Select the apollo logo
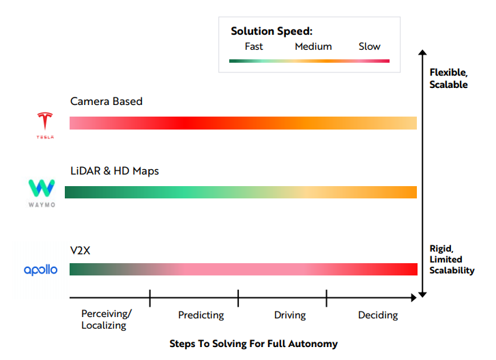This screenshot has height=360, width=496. tap(41, 270)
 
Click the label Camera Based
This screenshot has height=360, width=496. tap(106, 102)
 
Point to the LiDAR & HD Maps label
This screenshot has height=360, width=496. tap(115, 170)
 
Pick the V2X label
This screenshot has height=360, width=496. tap(81, 250)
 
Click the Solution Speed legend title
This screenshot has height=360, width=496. tap(272, 31)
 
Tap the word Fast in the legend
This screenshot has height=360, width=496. tap(254, 46)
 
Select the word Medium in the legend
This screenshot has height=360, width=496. tap(313, 46)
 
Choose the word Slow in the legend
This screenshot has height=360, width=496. tap(370, 46)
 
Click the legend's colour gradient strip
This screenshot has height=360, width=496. tap(309, 61)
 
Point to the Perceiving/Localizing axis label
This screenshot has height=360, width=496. tap(106, 319)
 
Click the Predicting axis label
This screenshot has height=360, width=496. tap(201, 315)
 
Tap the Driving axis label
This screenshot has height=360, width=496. tap(290, 315)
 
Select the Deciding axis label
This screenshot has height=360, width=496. tap(378, 315)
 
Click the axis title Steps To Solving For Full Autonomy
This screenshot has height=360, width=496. tap(253, 344)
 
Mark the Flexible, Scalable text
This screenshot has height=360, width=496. tap(448, 78)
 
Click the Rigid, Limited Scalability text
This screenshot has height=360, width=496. tap(452, 259)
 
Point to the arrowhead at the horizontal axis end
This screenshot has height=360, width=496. tap(413, 298)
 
